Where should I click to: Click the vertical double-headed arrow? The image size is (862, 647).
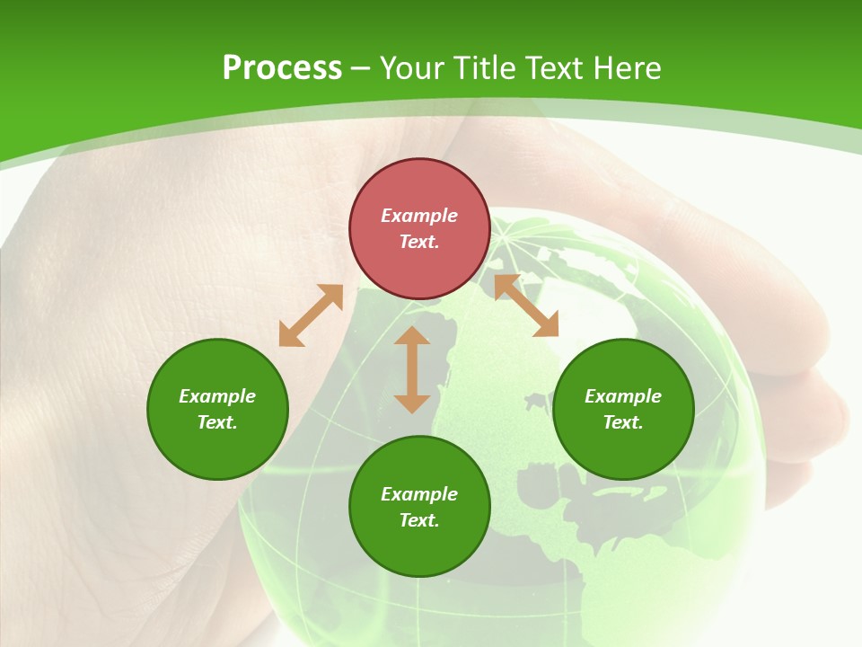(412, 369)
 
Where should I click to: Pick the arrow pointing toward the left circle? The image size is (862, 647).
(311, 315)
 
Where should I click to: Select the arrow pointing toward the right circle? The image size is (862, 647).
(526, 306)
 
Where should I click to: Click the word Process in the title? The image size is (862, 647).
(282, 68)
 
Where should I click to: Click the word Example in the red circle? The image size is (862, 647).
(419, 216)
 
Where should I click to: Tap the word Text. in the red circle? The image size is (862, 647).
(419, 242)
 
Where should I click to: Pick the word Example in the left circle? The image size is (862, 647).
(217, 396)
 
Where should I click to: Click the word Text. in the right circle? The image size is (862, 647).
(623, 422)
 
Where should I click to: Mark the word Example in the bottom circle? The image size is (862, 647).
(419, 494)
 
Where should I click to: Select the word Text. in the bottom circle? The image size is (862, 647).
(419, 520)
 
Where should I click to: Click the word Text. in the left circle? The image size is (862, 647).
(217, 422)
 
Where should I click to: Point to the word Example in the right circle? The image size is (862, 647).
(623, 396)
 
